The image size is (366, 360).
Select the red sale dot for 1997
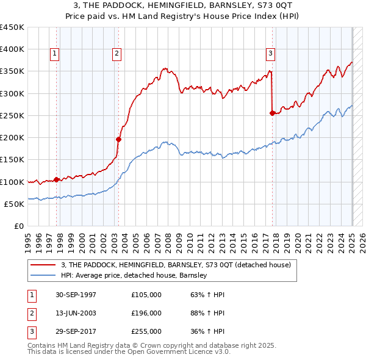coord(56,179)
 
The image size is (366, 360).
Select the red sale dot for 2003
coord(118,139)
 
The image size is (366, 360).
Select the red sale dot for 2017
coord(272,113)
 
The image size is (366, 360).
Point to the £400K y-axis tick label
coord(12,49)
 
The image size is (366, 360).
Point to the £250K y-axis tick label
coord(12,115)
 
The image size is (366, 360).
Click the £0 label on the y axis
coord(18,226)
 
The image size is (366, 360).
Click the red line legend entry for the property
coord(176,265)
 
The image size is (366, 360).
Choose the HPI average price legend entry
coord(134,275)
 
